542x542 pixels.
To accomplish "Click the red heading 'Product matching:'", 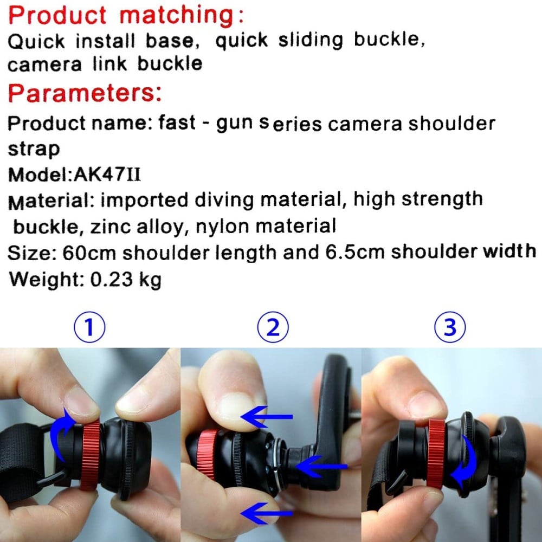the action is [126, 16].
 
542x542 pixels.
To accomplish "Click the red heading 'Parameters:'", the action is [85, 93].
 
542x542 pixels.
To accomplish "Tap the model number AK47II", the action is [107, 174].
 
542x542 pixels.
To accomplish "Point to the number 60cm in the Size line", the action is [89, 253].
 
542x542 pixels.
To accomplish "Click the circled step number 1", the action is [89, 327].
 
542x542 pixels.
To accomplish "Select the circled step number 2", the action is [273, 327].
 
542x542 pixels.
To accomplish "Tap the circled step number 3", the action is [450, 327].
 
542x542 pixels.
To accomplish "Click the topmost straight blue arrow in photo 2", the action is [267, 416].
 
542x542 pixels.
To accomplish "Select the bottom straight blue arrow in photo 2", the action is [267, 513].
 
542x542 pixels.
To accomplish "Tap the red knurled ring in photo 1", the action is [91, 456].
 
